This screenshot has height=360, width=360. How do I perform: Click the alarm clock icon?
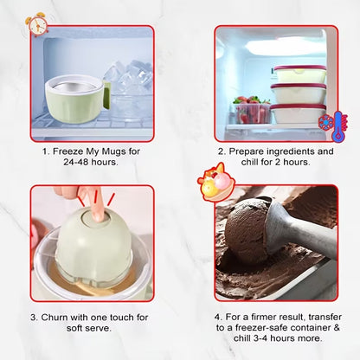[x=37, y=24]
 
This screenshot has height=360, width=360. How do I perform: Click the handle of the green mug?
[x=107, y=96]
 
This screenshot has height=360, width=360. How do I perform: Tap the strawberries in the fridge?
[x=251, y=109]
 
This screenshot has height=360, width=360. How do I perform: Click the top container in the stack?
[x=299, y=74]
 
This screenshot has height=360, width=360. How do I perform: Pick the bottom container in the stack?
[x=299, y=113]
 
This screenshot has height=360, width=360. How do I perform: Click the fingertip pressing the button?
[x=99, y=214]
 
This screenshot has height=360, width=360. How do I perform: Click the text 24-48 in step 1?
[x=74, y=162]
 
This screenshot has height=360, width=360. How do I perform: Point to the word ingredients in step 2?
[x=291, y=151]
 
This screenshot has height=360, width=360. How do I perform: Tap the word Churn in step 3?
[x=55, y=318]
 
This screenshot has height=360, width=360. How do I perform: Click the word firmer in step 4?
[x=264, y=317]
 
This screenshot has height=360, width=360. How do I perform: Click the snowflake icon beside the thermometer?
[x=325, y=122]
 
